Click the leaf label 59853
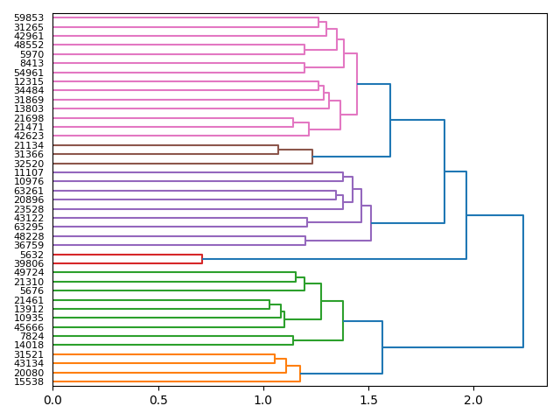pyautogui.click(x=29, y=17)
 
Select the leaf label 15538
pyautogui.click(x=29, y=381)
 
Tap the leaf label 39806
pyautogui.click(x=29, y=263)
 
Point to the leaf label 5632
pyautogui.click(x=31, y=255)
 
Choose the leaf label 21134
pyautogui.click(x=29, y=145)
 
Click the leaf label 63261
pyautogui.click(x=29, y=191)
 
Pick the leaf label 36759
pyautogui.click(x=29, y=245)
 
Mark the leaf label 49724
pyautogui.click(x=29, y=272)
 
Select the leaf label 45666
pyautogui.click(x=29, y=327)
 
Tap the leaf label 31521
pyautogui.click(x=29, y=354)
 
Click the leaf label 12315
pyautogui.click(x=29, y=81)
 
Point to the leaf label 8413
pyautogui.click(x=31, y=63)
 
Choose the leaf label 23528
pyautogui.click(x=29, y=209)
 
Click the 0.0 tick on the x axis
pyautogui.click(x=52, y=400)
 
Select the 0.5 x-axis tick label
pyautogui.click(x=157, y=400)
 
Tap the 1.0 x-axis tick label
pyautogui.click(x=262, y=400)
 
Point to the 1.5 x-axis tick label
pyautogui.click(x=368, y=400)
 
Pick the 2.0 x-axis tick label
pyautogui.click(x=473, y=400)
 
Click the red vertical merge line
pyautogui.click(x=202, y=259)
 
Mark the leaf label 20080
pyautogui.click(x=29, y=373)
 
